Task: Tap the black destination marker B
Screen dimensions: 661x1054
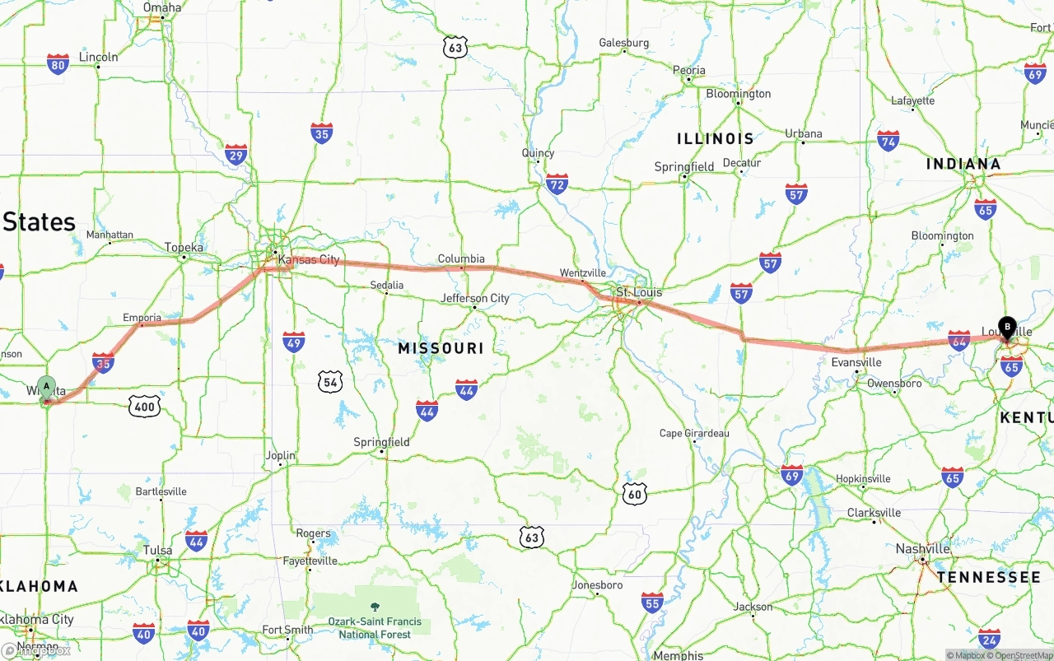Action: point(1007,327)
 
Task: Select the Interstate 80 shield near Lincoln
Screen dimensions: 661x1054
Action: point(58,65)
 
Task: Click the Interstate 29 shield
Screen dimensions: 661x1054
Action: point(236,154)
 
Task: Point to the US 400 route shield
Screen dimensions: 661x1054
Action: point(144,405)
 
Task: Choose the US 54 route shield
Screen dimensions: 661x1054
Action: point(330,381)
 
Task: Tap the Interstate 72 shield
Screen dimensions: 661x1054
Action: point(557,184)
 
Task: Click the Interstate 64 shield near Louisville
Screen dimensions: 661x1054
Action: point(958,341)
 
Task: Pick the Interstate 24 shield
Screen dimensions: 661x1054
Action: point(990,638)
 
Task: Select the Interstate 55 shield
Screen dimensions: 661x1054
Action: point(652,603)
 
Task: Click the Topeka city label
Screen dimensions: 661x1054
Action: point(184,248)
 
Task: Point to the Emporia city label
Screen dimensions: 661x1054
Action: point(142,318)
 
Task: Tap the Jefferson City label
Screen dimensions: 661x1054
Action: point(475,298)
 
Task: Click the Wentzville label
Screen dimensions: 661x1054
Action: point(582,272)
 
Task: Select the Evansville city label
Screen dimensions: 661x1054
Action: point(856,362)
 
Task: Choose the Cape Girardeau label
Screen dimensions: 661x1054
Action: point(694,433)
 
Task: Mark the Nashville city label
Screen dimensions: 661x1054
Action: point(923,549)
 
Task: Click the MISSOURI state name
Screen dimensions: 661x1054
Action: point(441,348)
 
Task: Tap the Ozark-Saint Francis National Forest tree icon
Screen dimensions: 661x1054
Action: point(375,606)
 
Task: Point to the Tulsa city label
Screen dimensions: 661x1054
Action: point(157,550)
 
